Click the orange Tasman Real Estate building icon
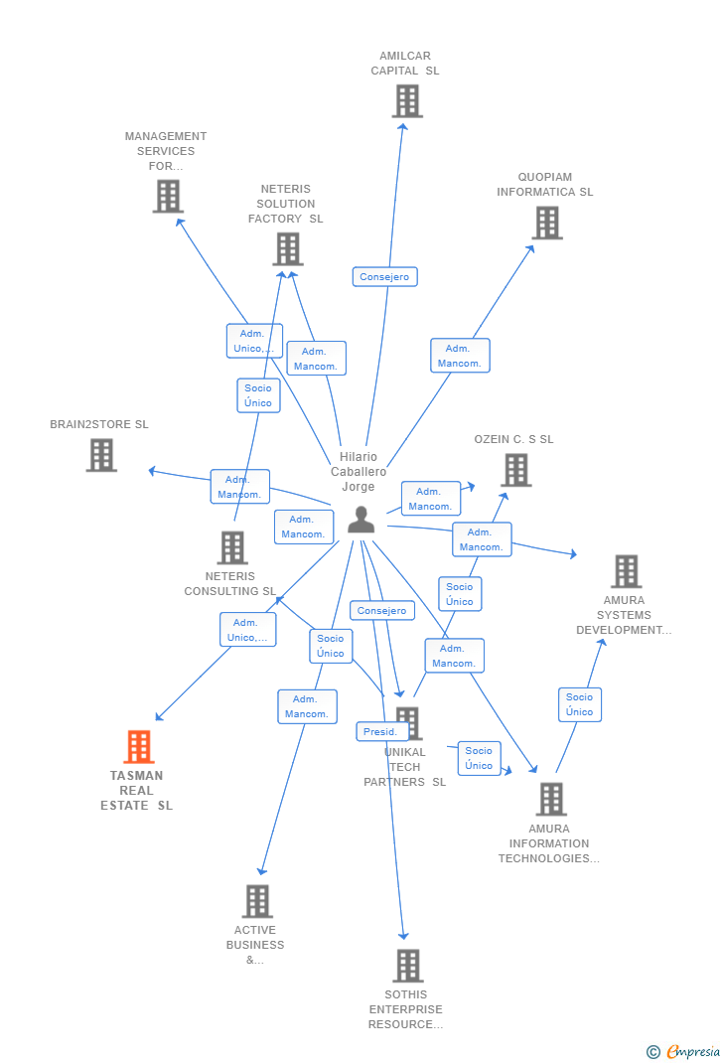point(138,747)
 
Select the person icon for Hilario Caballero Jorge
point(361,520)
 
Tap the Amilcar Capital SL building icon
point(407,101)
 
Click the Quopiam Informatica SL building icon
point(547,223)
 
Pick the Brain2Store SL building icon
point(101,455)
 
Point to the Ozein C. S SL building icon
point(515,470)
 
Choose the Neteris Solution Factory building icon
point(287,249)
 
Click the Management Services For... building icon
point(168,197)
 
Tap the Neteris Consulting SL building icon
point(231,547)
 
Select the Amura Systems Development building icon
point(626,571)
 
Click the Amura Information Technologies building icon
point(550,799)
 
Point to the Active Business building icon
point(257,901)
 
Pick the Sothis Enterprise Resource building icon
point(407,965)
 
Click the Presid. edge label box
point(380,732)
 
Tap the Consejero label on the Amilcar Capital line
point(384,277)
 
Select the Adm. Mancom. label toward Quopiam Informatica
point(460,356)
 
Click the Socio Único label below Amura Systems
point(579,704)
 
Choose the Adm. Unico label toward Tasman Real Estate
point(247,630)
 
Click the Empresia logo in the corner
point(684,1051)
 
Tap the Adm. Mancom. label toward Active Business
point(307,706)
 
